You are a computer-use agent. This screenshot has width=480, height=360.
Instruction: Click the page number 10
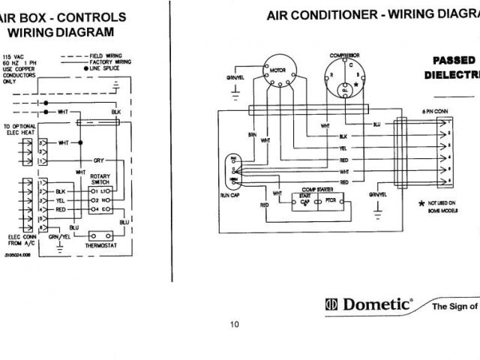point(235,325)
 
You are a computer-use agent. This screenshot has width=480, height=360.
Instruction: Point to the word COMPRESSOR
point(344,55)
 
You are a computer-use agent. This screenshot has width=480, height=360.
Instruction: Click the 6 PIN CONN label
point(436,110)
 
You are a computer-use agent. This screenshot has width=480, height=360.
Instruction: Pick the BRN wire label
point(253,135)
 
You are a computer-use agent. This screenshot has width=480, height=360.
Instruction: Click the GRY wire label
point(98,160)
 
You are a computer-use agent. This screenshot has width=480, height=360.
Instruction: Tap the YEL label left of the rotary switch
point(61,201)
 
